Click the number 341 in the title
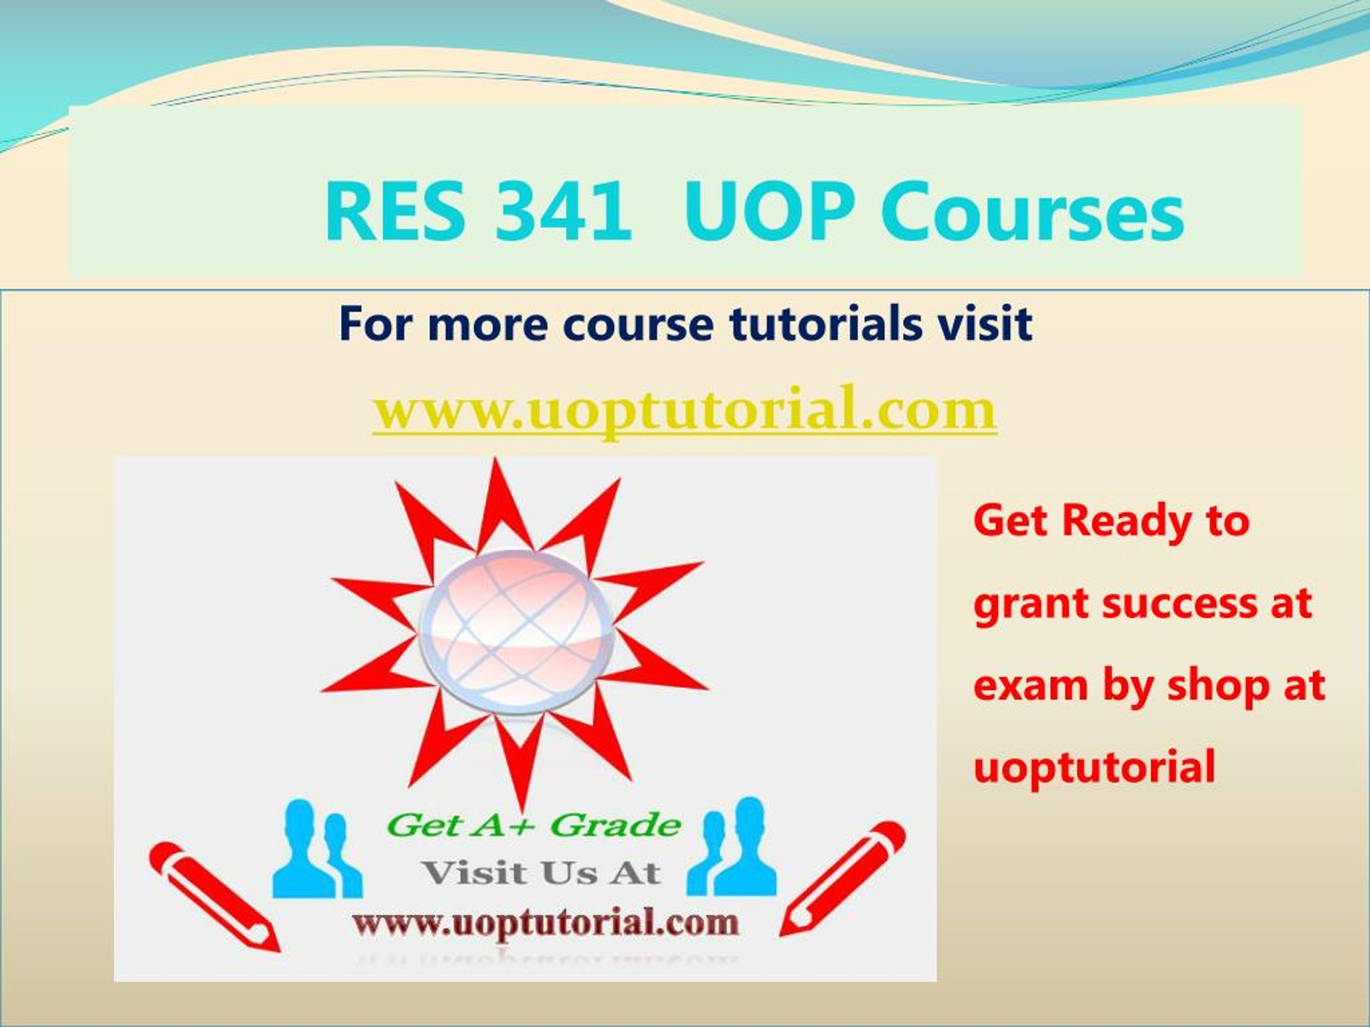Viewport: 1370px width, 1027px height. click(x=562, y=212)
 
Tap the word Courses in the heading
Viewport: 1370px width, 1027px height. click(x=1032, y=212)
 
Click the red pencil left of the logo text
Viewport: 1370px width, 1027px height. click(x=214, y=897)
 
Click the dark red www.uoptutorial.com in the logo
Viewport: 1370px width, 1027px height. click(x=546, y=923)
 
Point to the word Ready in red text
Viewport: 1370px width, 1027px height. click(x=1127, y=521)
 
